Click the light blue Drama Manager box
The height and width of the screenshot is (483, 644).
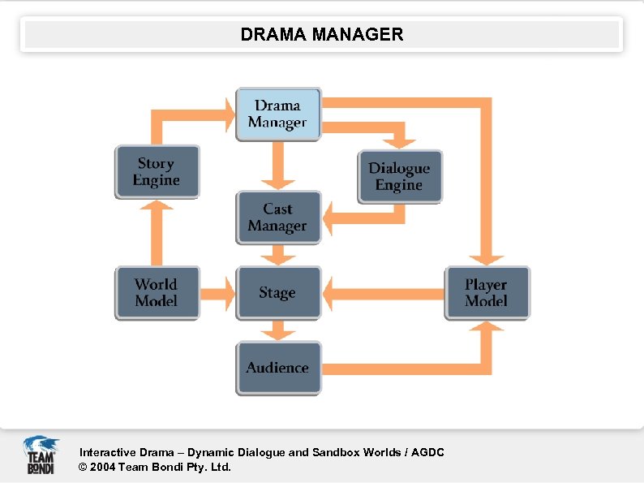(278, 114)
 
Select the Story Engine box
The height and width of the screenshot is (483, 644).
(157, 172)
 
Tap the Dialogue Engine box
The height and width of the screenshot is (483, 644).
(400, 177)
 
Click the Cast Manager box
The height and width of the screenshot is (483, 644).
(278, 218)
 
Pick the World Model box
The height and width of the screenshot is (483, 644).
(157, 292)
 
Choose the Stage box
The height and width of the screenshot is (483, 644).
(278, 292)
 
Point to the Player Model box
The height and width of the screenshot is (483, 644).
(487, 292)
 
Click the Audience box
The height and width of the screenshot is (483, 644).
(278, 368)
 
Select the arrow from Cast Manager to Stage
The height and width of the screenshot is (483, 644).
(278, 255)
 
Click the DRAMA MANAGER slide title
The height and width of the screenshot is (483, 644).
(321, 35)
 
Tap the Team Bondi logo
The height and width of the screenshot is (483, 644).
(41, 455)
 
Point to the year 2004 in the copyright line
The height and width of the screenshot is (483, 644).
(102, 467)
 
